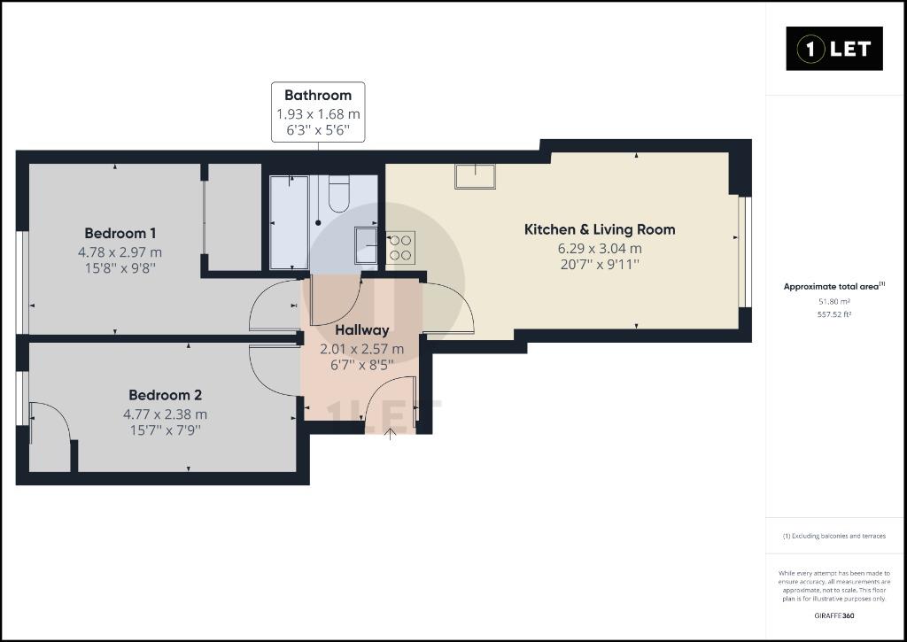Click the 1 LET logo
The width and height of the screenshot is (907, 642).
tap(834, 49)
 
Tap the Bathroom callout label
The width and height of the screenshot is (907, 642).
tap(318, 112)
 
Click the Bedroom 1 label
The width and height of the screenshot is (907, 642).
tap(120, 233)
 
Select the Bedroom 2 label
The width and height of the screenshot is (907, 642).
tap(166, 395)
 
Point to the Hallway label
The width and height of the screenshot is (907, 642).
tap(362, 330)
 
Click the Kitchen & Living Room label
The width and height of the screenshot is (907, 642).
tap(600, 229)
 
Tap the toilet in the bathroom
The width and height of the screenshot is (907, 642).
tap(339, 194)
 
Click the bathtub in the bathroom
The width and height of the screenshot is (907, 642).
tap(290, 222)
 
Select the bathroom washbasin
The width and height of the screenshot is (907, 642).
tap(366, 245)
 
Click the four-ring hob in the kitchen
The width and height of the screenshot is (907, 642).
tap(400, 247)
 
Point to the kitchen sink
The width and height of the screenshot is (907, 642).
tap(475, 176)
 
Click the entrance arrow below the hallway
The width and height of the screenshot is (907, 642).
tap(391, 434)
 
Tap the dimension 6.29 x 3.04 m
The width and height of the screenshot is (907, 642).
tap(600, 248)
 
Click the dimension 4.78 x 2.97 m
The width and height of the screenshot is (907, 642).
tap(120, 252)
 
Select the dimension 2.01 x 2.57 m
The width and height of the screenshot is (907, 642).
tap(362, 349)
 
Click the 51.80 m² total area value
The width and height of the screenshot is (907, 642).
tap(834, 301)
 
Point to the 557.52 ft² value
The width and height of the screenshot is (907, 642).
tap(834, 314)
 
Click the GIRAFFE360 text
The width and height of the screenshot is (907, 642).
tap(834, 616)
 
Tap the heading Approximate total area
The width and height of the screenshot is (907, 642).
tap(831, 286)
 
